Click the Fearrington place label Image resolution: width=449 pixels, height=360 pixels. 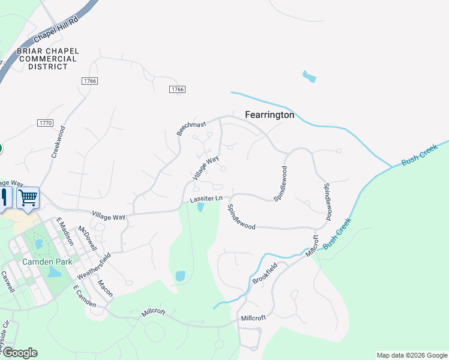270,115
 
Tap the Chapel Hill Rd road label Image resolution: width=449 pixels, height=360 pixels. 56,29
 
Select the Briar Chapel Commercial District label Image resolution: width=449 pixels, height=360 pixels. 47,59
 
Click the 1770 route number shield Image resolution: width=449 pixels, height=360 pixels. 45,123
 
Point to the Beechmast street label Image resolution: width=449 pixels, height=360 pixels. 191,128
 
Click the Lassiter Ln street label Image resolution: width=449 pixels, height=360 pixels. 206,198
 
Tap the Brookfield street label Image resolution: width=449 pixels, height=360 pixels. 265,275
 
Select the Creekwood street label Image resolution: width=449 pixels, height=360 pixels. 58,142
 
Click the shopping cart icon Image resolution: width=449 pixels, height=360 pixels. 28,197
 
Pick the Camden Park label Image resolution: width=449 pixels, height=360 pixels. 47,262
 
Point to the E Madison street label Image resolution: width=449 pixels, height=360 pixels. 65,231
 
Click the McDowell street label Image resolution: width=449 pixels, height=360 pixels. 87,238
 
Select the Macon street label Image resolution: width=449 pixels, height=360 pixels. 105,288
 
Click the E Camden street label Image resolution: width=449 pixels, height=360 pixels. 85,296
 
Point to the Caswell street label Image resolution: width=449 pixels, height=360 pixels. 7,281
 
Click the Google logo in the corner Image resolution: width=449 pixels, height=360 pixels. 19,353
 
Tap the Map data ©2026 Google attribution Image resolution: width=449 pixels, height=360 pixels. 411,355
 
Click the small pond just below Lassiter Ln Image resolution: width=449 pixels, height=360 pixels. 200,208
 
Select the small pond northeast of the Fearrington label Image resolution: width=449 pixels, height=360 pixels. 309,77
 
